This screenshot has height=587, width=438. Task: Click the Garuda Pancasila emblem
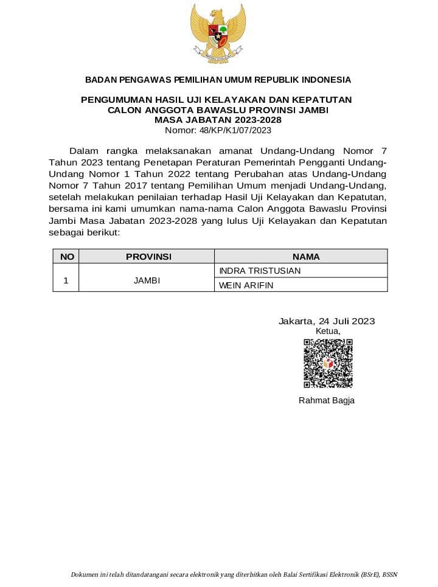coord(218,33)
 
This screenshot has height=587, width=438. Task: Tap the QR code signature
coord(328,363)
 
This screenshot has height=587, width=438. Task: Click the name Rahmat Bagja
coord(326,400)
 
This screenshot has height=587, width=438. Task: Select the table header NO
coord(67,257)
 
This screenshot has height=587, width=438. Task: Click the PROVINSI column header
coord(148,257)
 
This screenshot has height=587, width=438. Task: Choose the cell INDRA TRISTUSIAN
coord(260,271)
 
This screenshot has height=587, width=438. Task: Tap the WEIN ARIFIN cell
coord(246,285)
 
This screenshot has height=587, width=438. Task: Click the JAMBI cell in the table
coord(147,281)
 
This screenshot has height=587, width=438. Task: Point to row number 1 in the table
coord(66,281)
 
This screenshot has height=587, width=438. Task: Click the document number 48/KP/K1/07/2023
coord(218,130)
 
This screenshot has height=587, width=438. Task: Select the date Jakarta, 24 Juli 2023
coord(327,321)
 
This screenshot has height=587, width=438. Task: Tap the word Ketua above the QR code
coord(328,331)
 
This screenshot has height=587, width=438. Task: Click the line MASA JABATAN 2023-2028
coord(218,120)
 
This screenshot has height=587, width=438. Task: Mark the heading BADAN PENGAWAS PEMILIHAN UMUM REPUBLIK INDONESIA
coord(218,80)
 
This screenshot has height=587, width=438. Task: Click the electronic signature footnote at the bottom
coord(234,574)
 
